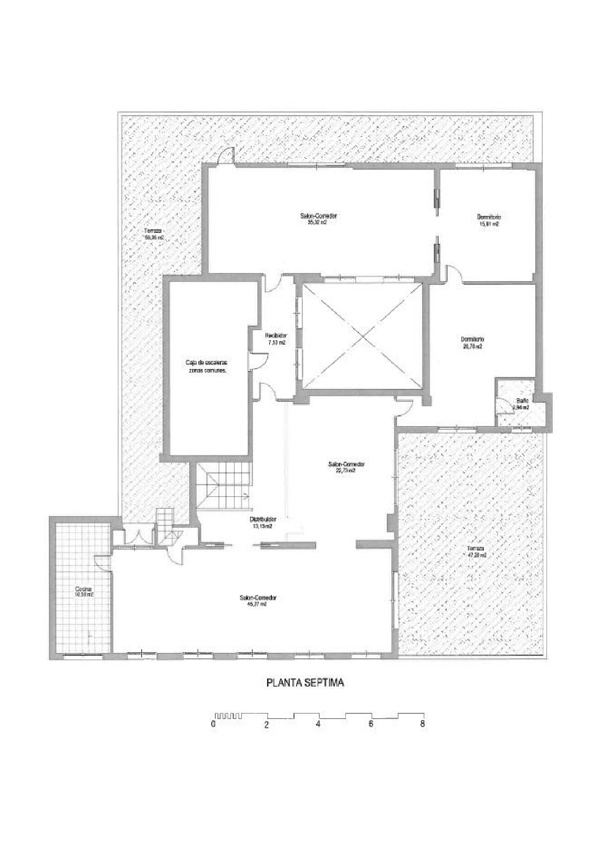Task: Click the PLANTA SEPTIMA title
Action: pos(305,683)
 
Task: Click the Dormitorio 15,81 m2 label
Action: pos(489,220)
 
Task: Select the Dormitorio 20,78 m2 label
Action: pos(472,343)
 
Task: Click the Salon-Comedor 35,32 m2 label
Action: pos(322,219)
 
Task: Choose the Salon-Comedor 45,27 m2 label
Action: pos(258,600)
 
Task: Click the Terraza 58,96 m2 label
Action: pos(154,234)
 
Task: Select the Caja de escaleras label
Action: pos(207,366)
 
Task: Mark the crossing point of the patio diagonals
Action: pos(363,336)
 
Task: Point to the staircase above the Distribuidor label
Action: pos(223,487)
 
